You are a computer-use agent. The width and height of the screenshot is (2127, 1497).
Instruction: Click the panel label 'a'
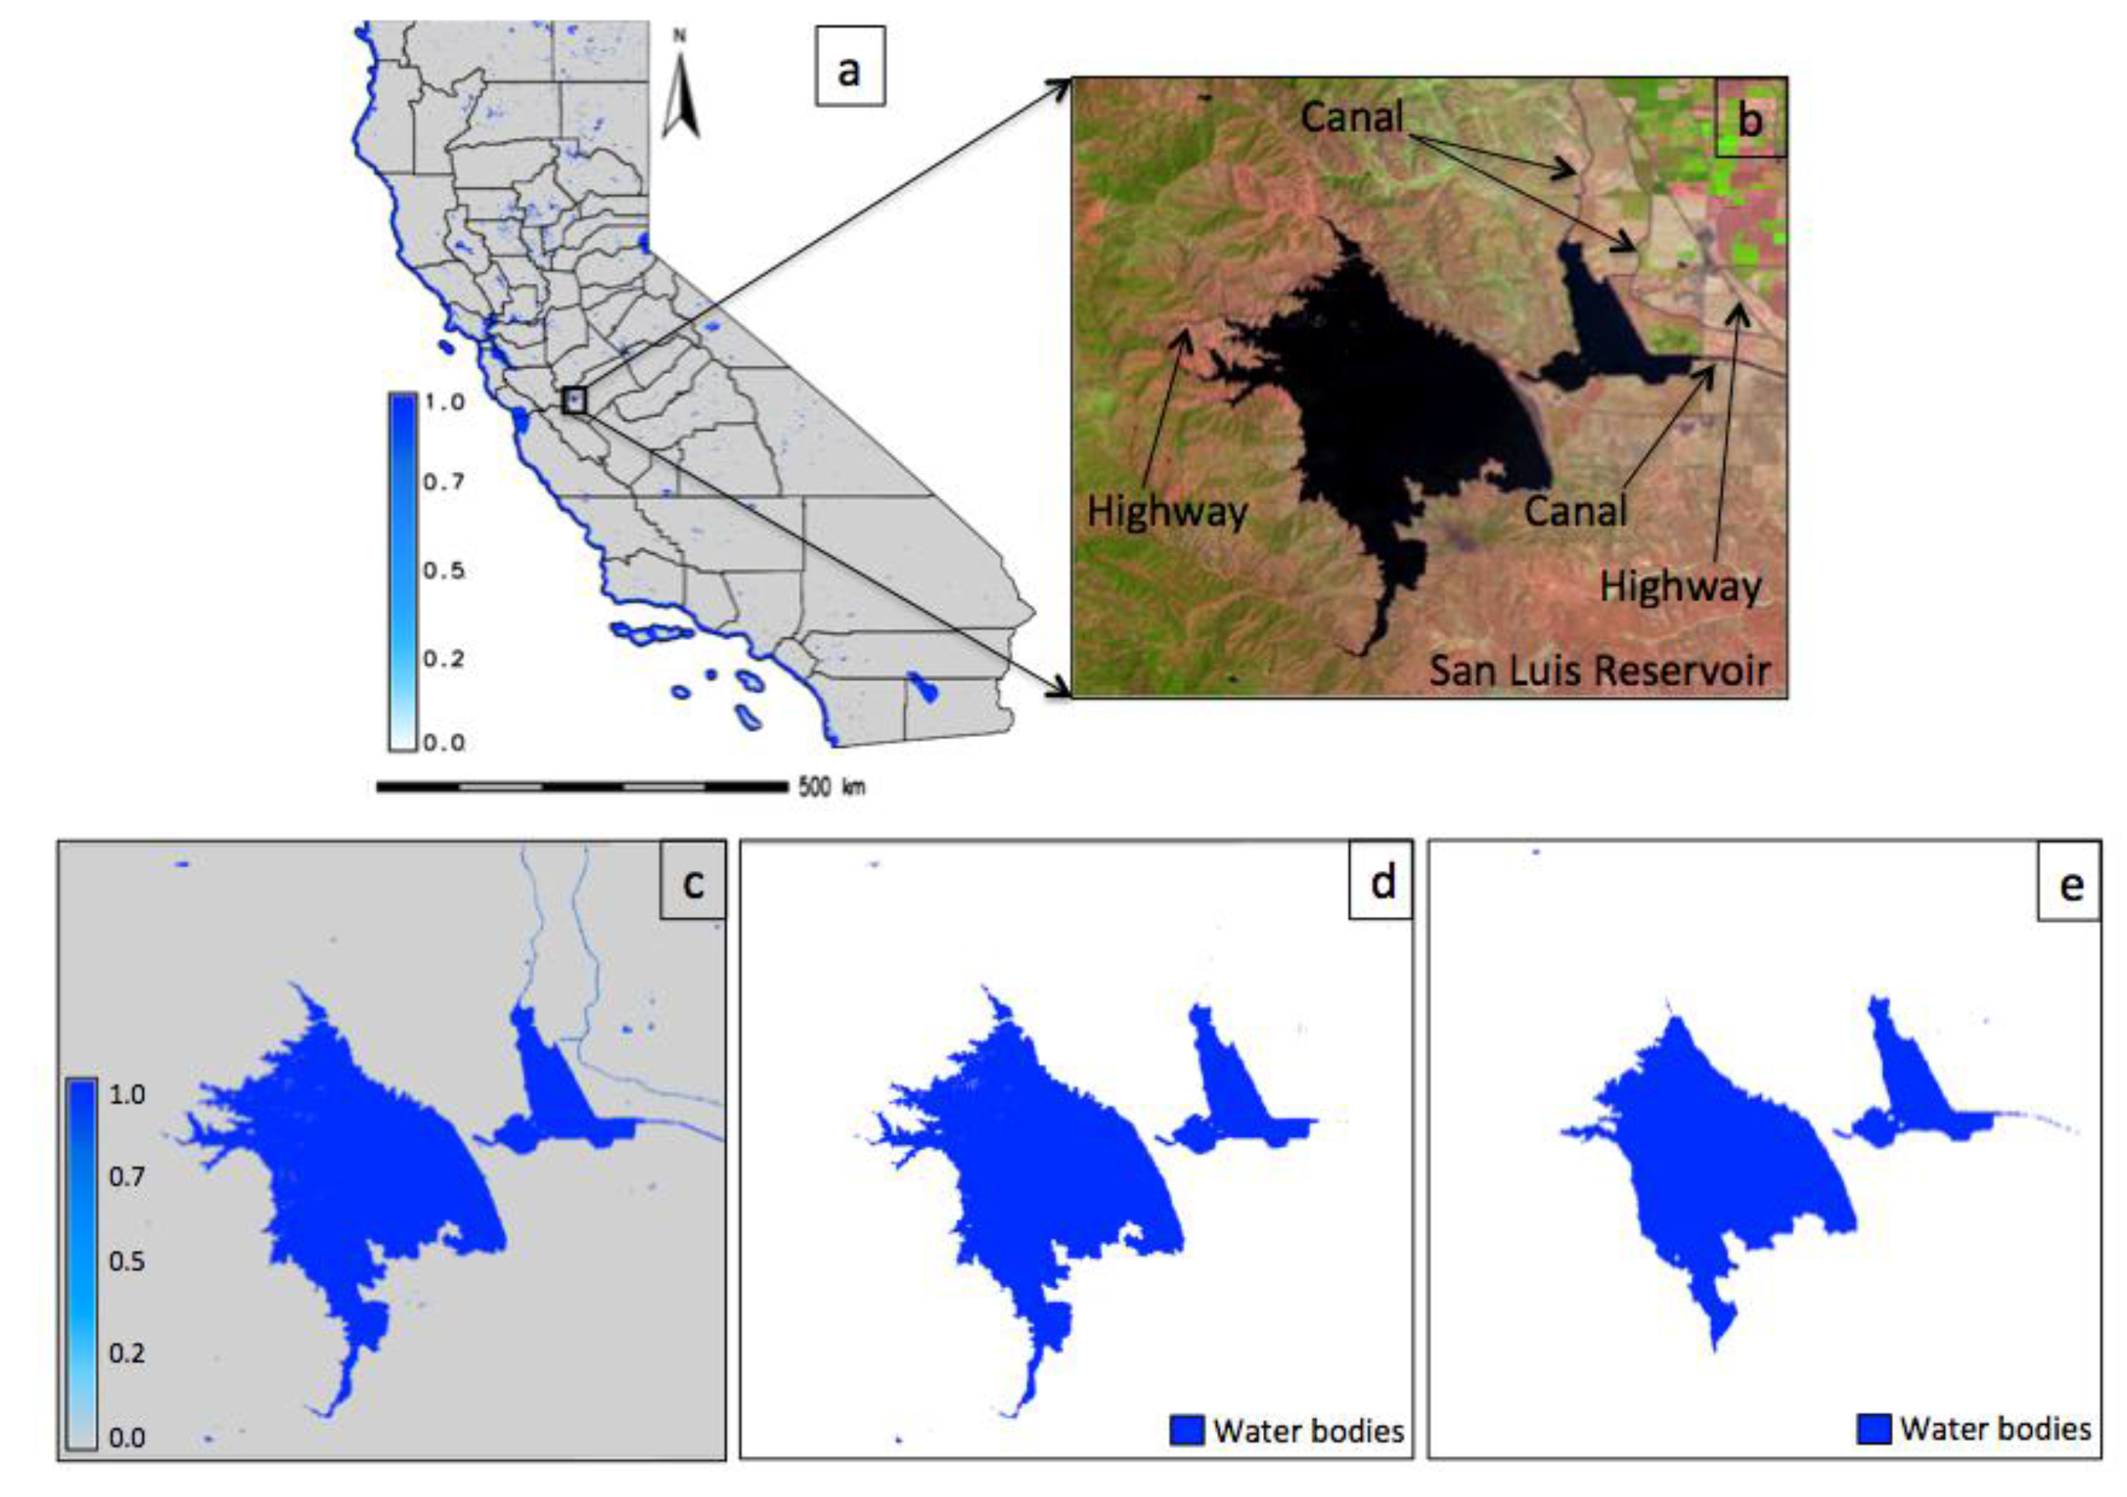(849, 66)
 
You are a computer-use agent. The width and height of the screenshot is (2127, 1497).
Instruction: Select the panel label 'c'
(692, 882)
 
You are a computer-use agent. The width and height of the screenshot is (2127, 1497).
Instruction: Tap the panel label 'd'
(1381, 882)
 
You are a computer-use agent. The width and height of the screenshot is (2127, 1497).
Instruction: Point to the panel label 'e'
(2070, 886)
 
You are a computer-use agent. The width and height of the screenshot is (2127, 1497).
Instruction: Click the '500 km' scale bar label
(831, 787)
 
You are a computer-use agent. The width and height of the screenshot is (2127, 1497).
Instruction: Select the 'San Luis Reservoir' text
(1599, 670)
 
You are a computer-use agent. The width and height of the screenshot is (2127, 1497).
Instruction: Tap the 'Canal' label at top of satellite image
(1352, 117)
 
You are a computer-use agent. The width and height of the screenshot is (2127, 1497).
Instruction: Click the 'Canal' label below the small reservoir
(1575, 510)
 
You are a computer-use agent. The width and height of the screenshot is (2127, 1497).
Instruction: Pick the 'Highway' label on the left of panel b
(1166, 510)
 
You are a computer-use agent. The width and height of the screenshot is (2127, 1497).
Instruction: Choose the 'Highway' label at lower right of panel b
(1681, 586)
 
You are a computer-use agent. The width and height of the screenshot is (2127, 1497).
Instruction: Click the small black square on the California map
(574, 401)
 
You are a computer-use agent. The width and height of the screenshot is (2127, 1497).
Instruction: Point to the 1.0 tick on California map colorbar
(444, 403)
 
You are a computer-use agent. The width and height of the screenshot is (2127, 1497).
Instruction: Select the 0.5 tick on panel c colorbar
(127, 1261)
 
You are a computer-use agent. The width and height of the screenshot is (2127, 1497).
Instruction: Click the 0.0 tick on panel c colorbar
(127, 1439)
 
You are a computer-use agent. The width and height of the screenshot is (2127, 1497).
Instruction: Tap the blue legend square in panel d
(1187, 1431)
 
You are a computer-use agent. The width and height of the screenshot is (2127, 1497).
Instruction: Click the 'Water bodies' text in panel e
(1996, 1428)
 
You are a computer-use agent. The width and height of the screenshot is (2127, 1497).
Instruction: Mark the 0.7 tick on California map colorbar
(444, 482)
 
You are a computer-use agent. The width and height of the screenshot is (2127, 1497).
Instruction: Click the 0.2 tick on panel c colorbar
(127, 1353)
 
